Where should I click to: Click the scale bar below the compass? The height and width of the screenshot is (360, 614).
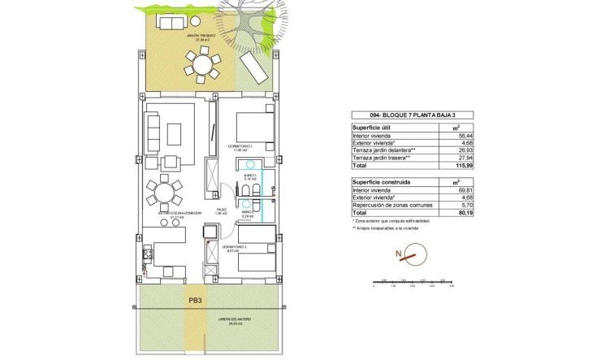click(x=411, y=283)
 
